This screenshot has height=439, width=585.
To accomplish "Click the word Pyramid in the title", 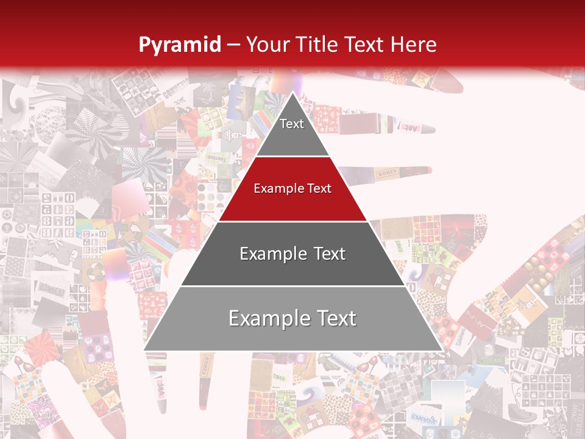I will coord(180,45).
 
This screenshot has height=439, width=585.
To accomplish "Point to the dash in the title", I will coord(233,45).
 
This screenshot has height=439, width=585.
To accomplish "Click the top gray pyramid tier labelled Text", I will coord(292,131).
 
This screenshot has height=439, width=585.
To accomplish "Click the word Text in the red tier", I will coord(317,188).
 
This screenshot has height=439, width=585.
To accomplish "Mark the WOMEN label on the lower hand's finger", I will coord(206,366).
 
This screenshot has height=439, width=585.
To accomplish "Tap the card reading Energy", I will coord(423,419).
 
